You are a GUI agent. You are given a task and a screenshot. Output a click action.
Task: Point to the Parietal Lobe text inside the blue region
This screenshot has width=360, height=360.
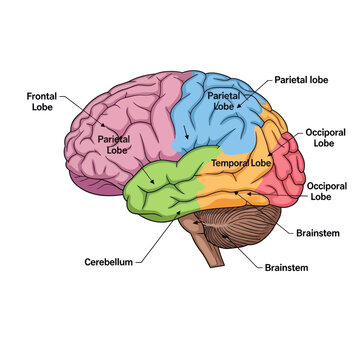[224, 99]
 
